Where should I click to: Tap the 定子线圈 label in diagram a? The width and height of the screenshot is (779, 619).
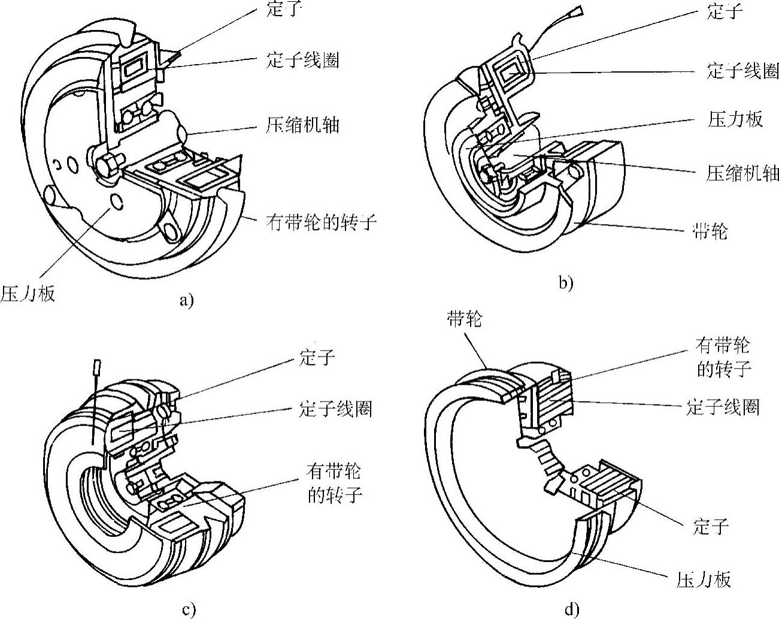click(x=302, y=60)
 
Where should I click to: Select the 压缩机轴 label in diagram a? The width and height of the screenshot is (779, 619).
click(x=302, y=125)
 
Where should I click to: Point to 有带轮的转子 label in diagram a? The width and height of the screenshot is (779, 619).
click(x=321, y=222)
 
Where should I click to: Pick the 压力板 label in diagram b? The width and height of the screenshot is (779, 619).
click(x=735, y=119)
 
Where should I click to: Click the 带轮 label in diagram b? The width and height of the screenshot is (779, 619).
click(x=710, y=231)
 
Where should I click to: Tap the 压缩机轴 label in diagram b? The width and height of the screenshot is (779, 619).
click(x=742, y=173)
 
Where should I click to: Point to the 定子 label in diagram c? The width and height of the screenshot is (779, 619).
click(x=317, y=357)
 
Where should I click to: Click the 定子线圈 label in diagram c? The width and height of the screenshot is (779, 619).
click(x=335, y=409)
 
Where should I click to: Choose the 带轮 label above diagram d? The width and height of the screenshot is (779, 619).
click(x=465, y=319)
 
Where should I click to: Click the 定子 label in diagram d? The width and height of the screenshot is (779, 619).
click(x=711, y=526)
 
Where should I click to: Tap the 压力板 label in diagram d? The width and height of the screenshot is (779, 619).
click(x=704, y=579)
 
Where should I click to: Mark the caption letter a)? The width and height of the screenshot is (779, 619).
click(x=187, y=300)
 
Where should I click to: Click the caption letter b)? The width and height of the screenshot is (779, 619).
click(x=566, y=283)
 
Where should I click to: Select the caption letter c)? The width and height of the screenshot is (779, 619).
click(x=189, y=610)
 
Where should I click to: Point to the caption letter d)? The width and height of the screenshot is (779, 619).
click(x=572, y=609)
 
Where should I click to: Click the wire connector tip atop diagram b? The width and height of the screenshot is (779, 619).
click(x=575, y=11)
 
